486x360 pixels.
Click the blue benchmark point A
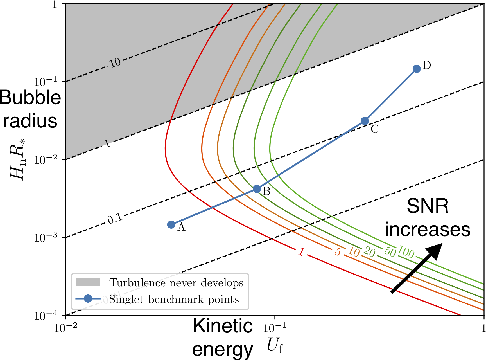pos(171,224)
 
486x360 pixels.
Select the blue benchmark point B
pos(257,189)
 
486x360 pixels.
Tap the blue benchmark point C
pos(365,121)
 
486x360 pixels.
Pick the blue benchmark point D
pos(417,69)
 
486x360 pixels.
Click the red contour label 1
pos(301,252)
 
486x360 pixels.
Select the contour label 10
pos(353,252)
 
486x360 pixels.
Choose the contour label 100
pos(406,252)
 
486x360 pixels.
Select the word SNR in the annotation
pos(427,206)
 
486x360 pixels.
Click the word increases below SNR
pos(427,229)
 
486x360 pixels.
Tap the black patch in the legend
pos(88,282)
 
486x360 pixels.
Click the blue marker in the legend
pos(88,299)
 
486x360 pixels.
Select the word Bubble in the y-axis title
pos(30,98)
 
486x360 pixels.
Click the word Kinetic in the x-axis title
pos(223,326)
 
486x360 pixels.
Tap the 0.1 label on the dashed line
pos(115,219)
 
